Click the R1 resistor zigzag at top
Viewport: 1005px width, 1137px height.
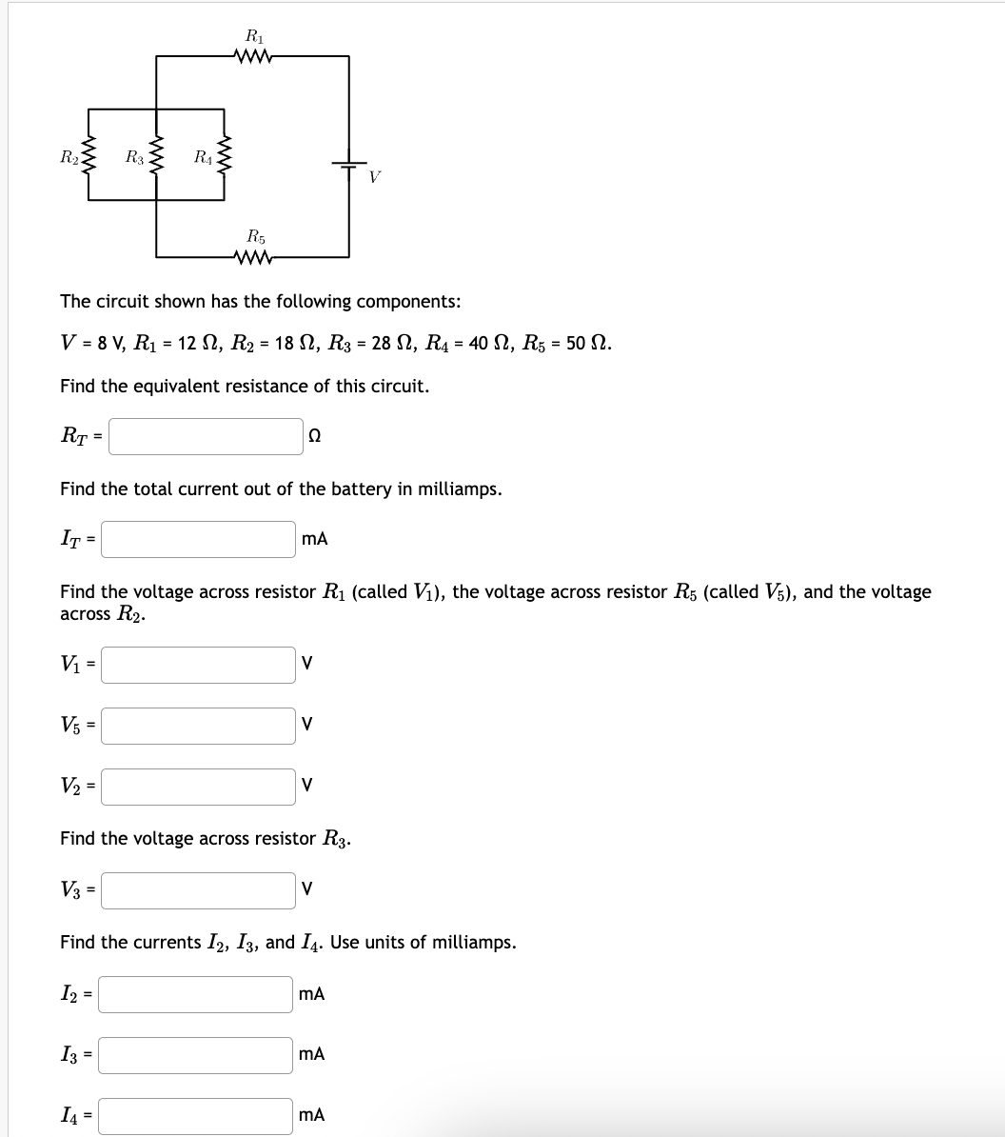252,56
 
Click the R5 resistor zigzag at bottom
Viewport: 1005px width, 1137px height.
252,256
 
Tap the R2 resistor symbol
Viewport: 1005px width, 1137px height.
89,157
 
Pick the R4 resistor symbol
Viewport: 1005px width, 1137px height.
224,157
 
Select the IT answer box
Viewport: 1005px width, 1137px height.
199,539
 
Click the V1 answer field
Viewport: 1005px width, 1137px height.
199,665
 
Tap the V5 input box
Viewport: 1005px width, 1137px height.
199,726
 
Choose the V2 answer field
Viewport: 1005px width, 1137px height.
199,787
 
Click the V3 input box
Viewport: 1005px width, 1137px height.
199,890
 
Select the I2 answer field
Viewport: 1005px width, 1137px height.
197,994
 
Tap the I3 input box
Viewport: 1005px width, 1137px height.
197,1055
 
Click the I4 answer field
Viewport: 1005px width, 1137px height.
197,1116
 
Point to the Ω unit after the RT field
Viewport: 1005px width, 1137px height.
315,437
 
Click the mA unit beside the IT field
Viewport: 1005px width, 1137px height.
315,539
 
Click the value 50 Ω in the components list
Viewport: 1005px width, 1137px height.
587,344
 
